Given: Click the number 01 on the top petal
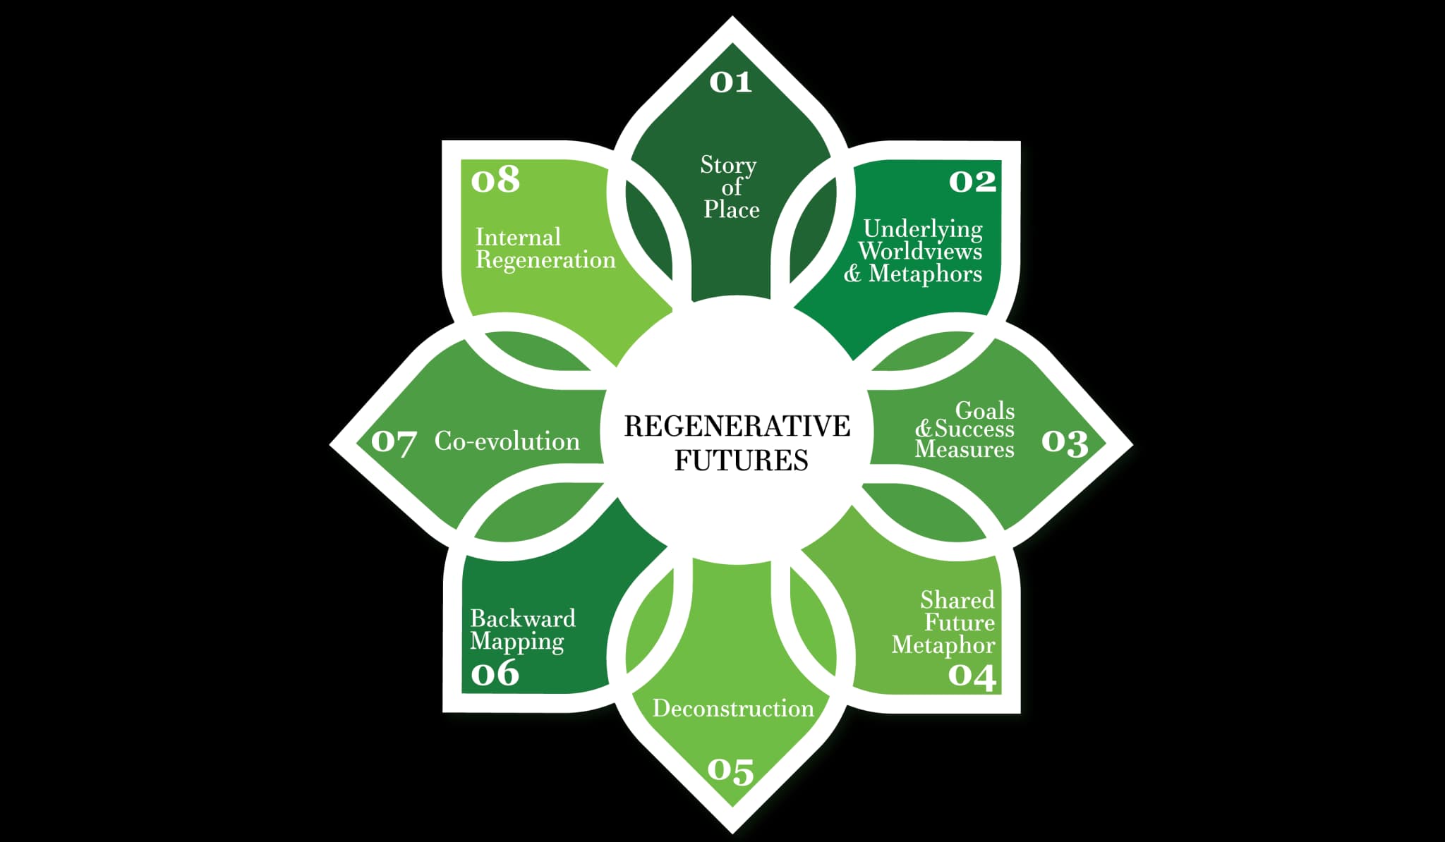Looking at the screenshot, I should (730, 83).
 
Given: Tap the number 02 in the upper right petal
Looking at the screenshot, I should (972, 182).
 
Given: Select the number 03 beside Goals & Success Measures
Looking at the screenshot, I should (1065, 442).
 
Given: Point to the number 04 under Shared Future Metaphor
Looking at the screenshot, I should (972, 676).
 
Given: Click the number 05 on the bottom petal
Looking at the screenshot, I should (730, 771).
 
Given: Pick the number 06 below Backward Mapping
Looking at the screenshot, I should (495, 673).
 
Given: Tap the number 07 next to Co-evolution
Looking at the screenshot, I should (393, 442).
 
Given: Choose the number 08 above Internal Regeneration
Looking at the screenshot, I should (495, 180).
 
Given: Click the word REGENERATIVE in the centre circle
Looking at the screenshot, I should (737, 426).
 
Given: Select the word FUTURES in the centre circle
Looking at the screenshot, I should (741, 460).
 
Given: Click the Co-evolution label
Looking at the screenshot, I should (507, 441).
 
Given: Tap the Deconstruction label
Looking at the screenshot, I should (733, 708).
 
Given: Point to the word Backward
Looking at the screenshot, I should (523, 618).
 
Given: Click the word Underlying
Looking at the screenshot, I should (923, 229).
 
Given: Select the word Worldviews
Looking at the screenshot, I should (920, 251).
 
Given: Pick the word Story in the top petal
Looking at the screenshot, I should (728, 165).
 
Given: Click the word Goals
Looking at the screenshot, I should (984, 410).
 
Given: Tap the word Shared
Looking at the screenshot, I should (957, 600).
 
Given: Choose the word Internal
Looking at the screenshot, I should (518, 237).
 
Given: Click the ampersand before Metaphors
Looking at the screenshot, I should (852, 274).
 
